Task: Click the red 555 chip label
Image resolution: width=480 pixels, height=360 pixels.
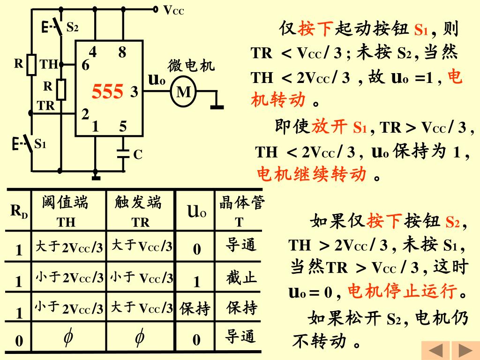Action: (107, 92)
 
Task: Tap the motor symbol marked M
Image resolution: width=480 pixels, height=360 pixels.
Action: (184, 92)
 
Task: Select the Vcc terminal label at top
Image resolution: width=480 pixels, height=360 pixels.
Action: (173, 10)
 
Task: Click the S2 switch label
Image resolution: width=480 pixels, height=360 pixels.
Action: (72, 27)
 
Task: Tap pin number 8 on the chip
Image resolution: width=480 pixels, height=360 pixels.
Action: (122, 52)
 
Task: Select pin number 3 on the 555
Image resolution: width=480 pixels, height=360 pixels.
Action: (134, 92)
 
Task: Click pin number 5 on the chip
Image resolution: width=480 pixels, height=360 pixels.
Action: (122, 127)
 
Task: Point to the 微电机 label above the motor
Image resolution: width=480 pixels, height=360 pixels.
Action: (191, 66)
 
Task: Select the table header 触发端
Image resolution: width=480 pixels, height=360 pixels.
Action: (138, 202)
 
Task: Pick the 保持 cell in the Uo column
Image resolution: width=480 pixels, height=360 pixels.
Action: (195, 309)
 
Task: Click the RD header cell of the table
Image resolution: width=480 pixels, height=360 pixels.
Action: (19, 211)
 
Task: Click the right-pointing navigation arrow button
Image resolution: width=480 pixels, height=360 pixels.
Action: (465, 351)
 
